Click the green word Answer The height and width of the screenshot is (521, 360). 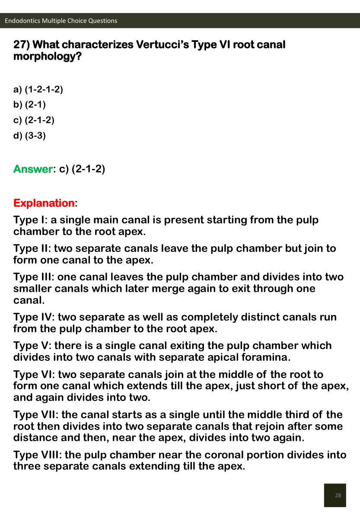tap(33, 169)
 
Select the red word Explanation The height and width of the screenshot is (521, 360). tap(44, 203)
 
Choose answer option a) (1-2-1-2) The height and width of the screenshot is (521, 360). tap(38, 89)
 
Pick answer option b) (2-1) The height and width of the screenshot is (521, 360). tap(30, 105)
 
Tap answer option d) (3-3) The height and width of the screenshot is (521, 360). tap(30, 136)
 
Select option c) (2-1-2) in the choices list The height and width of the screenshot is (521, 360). tap(34, 120)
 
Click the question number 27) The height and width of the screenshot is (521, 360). tap(22, 44)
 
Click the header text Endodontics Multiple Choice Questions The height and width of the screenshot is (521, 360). tap(61, 21)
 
